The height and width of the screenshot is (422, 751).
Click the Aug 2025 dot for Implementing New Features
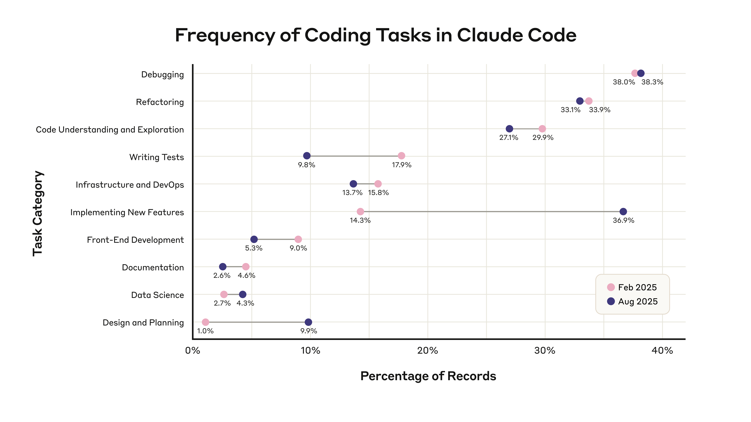coord(623,211)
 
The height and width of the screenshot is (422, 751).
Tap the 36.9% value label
coord(623,220)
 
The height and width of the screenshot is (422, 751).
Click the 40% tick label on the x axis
coord(662,350)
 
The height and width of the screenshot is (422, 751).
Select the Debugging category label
coord(162,75)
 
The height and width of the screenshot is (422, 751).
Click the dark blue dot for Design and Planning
coord(308,322)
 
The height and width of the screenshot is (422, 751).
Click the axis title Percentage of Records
coord(428,376)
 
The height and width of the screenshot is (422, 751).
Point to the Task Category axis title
coord(38,214)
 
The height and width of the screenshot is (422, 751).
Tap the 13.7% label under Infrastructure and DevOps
coord(352,193)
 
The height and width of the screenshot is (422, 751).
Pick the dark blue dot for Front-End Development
coord(254,239)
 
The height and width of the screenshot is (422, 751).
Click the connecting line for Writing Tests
coord(354,156)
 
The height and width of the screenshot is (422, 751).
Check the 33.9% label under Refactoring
coord(599,110)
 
